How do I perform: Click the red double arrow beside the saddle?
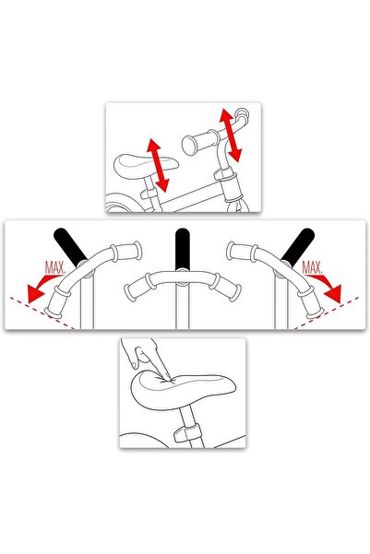coord(158,165)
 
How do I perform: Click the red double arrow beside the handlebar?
coord(231,135)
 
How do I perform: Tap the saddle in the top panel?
coord(145,165)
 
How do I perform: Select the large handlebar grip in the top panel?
coord(200,142)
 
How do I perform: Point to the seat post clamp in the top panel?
coord(149,193)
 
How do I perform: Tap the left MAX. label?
coord(54,268)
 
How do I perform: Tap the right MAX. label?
coord(312,268)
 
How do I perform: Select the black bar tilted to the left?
coord(70,247)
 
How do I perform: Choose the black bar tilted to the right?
coord(298,247)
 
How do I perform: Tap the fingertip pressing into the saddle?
coord(167,379)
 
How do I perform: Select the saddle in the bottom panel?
coord(183,391)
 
